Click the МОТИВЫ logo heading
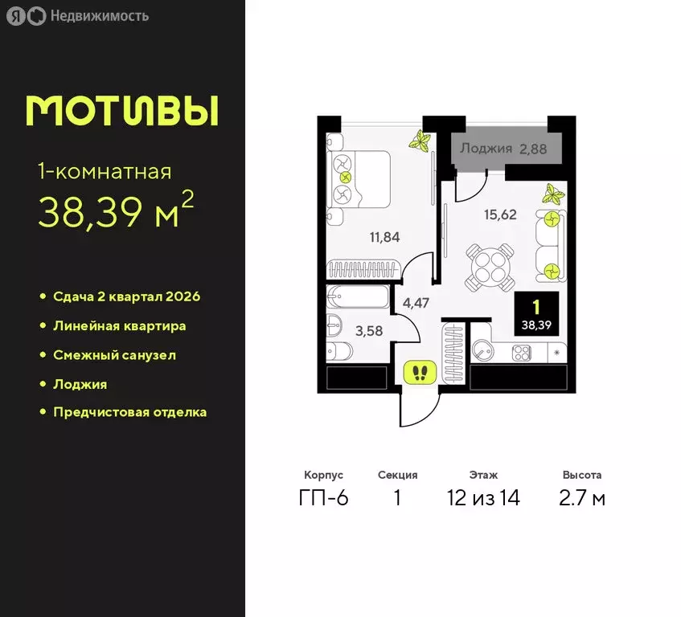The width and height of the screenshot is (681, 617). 122,111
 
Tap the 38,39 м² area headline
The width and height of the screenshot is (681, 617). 116,210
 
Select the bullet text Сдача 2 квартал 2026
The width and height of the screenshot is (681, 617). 126,296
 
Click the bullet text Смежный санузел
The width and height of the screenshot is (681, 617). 114,354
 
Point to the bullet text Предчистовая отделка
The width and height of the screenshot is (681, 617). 129,412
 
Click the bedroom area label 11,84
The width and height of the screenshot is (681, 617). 384,237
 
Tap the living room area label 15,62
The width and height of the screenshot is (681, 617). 500,215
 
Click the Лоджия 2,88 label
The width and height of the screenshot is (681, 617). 504,149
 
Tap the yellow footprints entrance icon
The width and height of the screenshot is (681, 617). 420,372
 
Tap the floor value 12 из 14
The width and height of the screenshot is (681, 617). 484,498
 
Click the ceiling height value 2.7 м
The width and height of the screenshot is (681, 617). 583,498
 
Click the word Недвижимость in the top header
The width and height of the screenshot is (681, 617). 99,15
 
